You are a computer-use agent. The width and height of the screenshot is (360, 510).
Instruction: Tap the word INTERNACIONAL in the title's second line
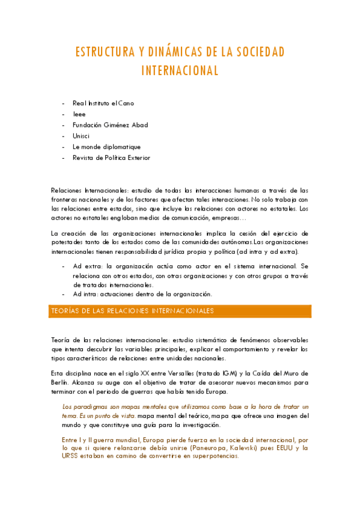(180, 70)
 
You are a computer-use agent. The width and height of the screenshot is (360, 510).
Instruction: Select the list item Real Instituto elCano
(103, 103)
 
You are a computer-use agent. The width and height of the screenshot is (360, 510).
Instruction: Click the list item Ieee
(79, 114)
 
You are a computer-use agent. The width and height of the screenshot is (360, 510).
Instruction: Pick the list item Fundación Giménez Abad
(110, 124)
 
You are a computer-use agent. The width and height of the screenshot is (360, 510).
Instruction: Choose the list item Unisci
(81, 135)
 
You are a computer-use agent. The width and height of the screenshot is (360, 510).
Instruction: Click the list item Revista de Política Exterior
(111, 158)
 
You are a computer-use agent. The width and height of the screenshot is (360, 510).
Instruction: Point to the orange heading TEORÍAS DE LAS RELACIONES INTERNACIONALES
(131, 311)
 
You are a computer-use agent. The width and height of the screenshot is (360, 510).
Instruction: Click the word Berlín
(60, 382)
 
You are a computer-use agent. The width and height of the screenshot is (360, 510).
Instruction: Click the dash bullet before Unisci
(64, 135)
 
